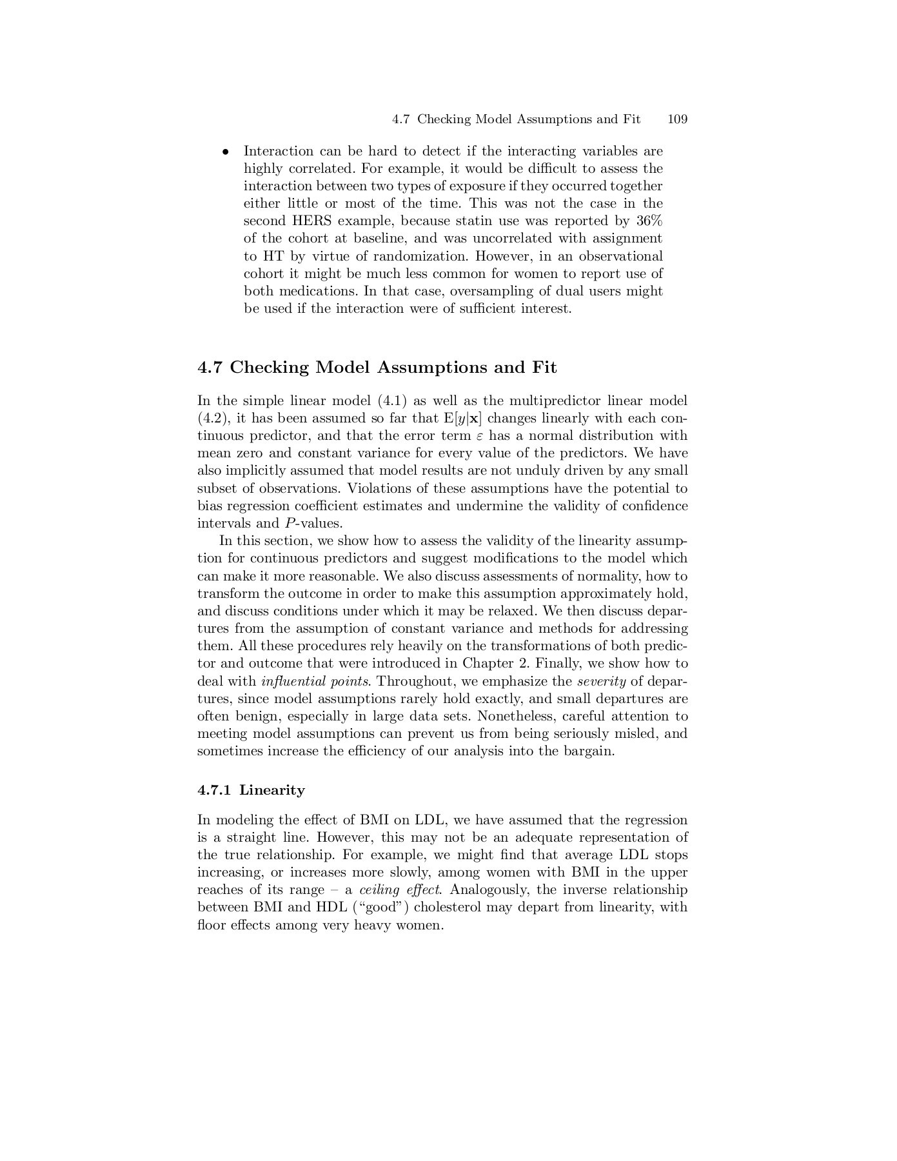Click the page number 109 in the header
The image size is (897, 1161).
coord(678,119)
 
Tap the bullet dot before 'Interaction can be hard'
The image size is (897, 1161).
coord(225,152)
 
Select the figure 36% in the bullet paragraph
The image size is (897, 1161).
coord(649,221)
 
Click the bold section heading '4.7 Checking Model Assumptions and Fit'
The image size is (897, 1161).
coord(377,368)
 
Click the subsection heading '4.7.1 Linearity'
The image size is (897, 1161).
coord(251,790)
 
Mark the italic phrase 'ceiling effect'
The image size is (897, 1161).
coord(400,890)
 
